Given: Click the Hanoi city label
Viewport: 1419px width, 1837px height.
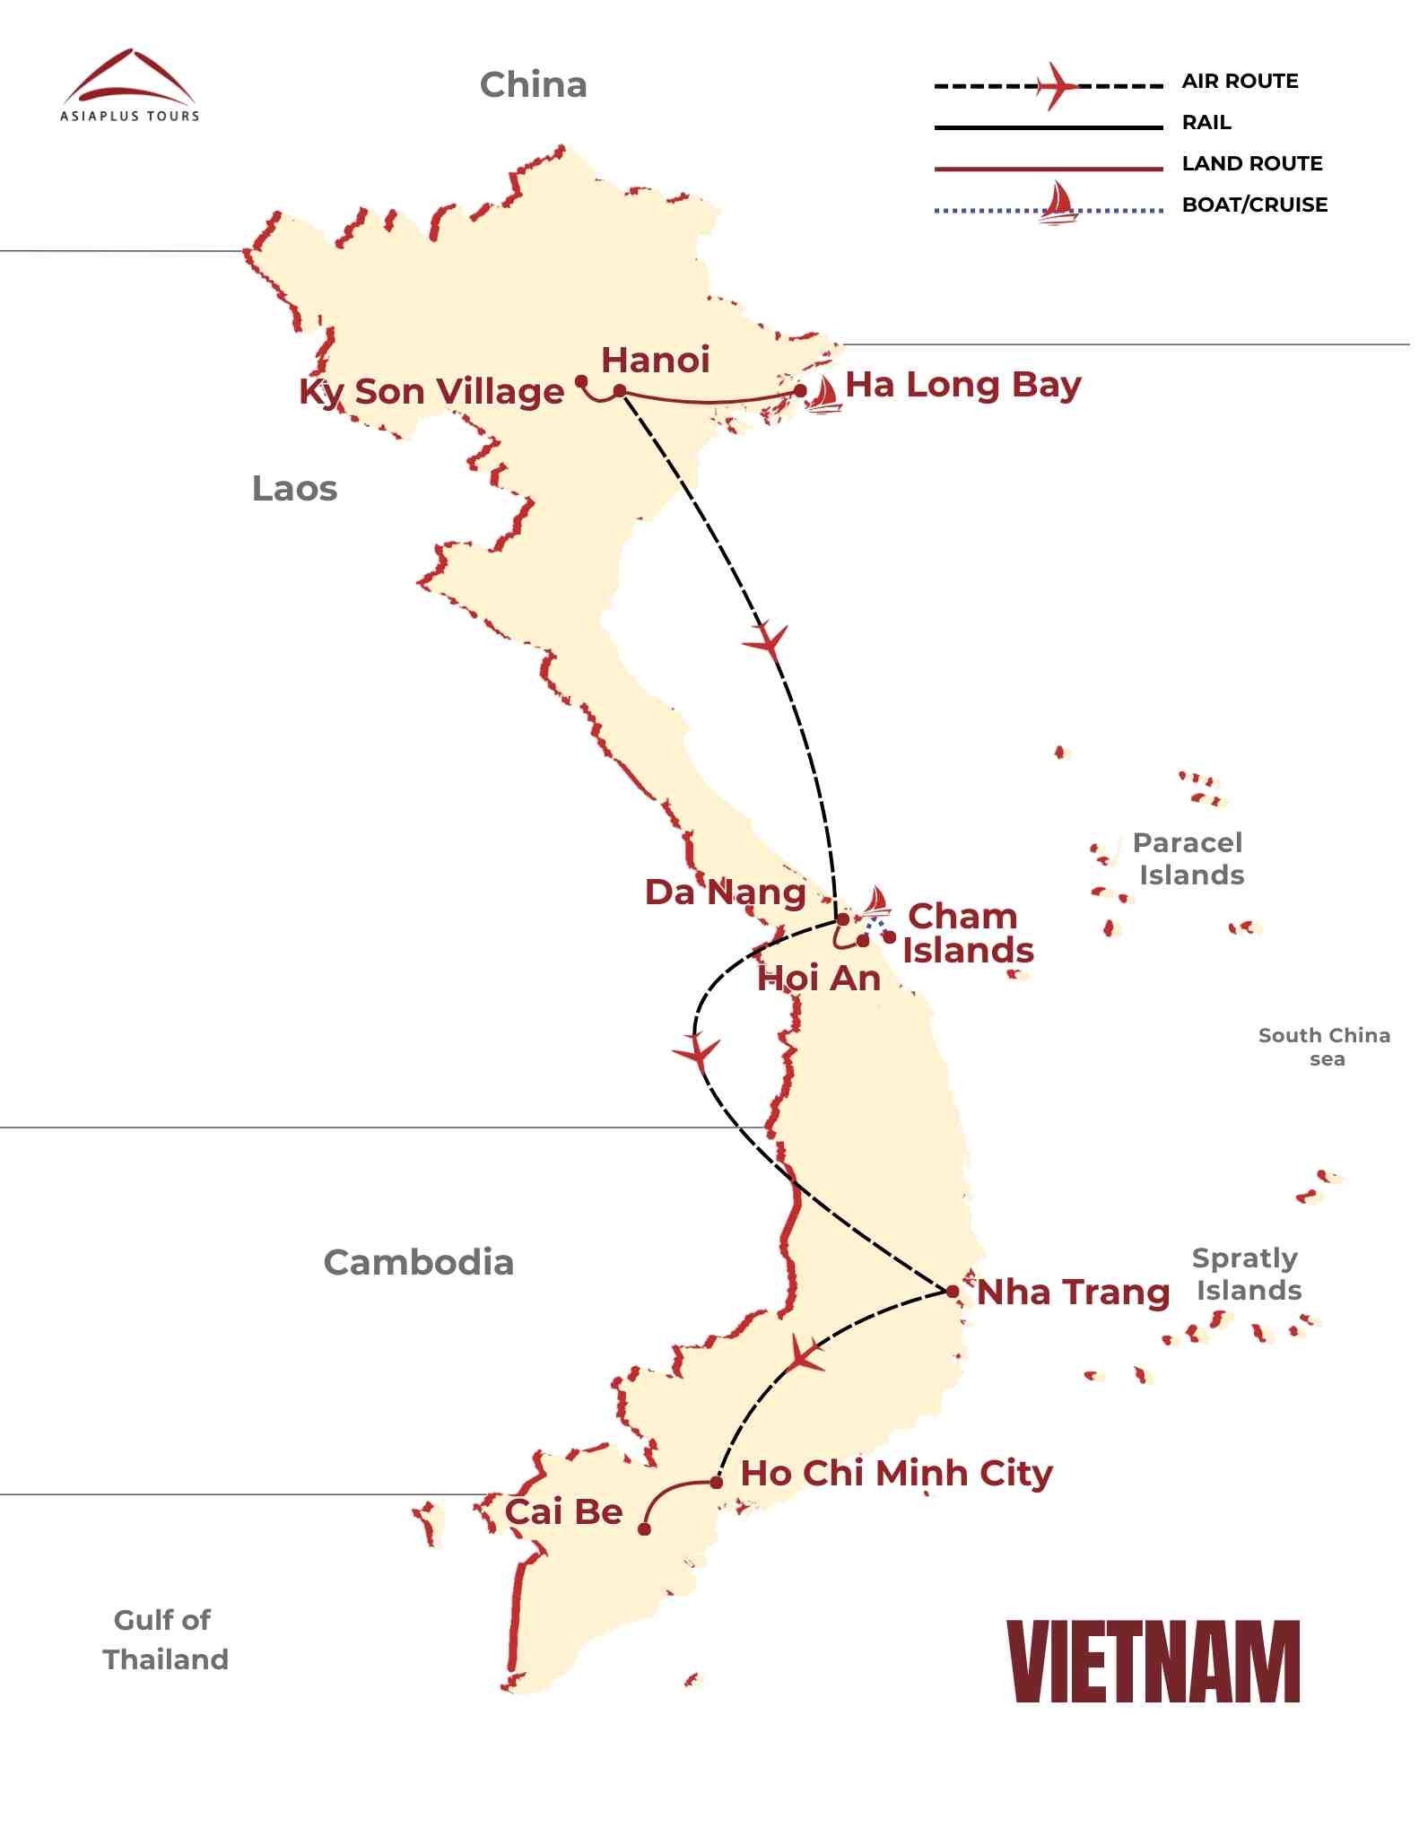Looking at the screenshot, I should [655, 361].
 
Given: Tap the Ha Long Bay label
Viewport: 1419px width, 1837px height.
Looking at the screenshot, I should [963, 386].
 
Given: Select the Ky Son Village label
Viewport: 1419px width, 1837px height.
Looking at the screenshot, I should [431, 392].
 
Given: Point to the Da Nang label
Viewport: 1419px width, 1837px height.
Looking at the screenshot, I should [725, 892].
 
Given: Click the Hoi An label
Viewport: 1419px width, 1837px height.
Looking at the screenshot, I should [818, 979].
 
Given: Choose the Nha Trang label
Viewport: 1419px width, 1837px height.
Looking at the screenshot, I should [1073, 1293].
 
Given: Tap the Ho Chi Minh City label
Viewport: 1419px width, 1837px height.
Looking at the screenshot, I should [896, 1474].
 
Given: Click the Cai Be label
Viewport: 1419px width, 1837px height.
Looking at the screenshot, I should [563, 1512].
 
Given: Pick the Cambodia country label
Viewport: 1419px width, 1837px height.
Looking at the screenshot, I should [418, 1263].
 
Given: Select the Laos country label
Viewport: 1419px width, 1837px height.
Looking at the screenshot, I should [294, 489].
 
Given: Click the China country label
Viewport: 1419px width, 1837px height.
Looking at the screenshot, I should [533, 85].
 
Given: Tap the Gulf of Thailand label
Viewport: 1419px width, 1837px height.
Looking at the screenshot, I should [165, 1640].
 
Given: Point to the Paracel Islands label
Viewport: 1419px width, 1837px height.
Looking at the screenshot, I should [1188, 858].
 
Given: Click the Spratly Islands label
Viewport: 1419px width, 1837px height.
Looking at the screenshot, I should [1246, 1274].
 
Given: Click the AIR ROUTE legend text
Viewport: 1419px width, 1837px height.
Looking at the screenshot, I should [1240, 82].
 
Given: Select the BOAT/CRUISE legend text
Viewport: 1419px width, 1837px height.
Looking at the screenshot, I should [1254, 205].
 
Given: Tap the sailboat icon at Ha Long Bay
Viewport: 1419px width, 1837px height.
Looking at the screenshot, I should [822, 394].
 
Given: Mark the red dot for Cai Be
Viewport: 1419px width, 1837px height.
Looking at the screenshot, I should [644, 1529].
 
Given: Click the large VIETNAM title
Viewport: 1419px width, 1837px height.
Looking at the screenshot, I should [1153, 1662].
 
